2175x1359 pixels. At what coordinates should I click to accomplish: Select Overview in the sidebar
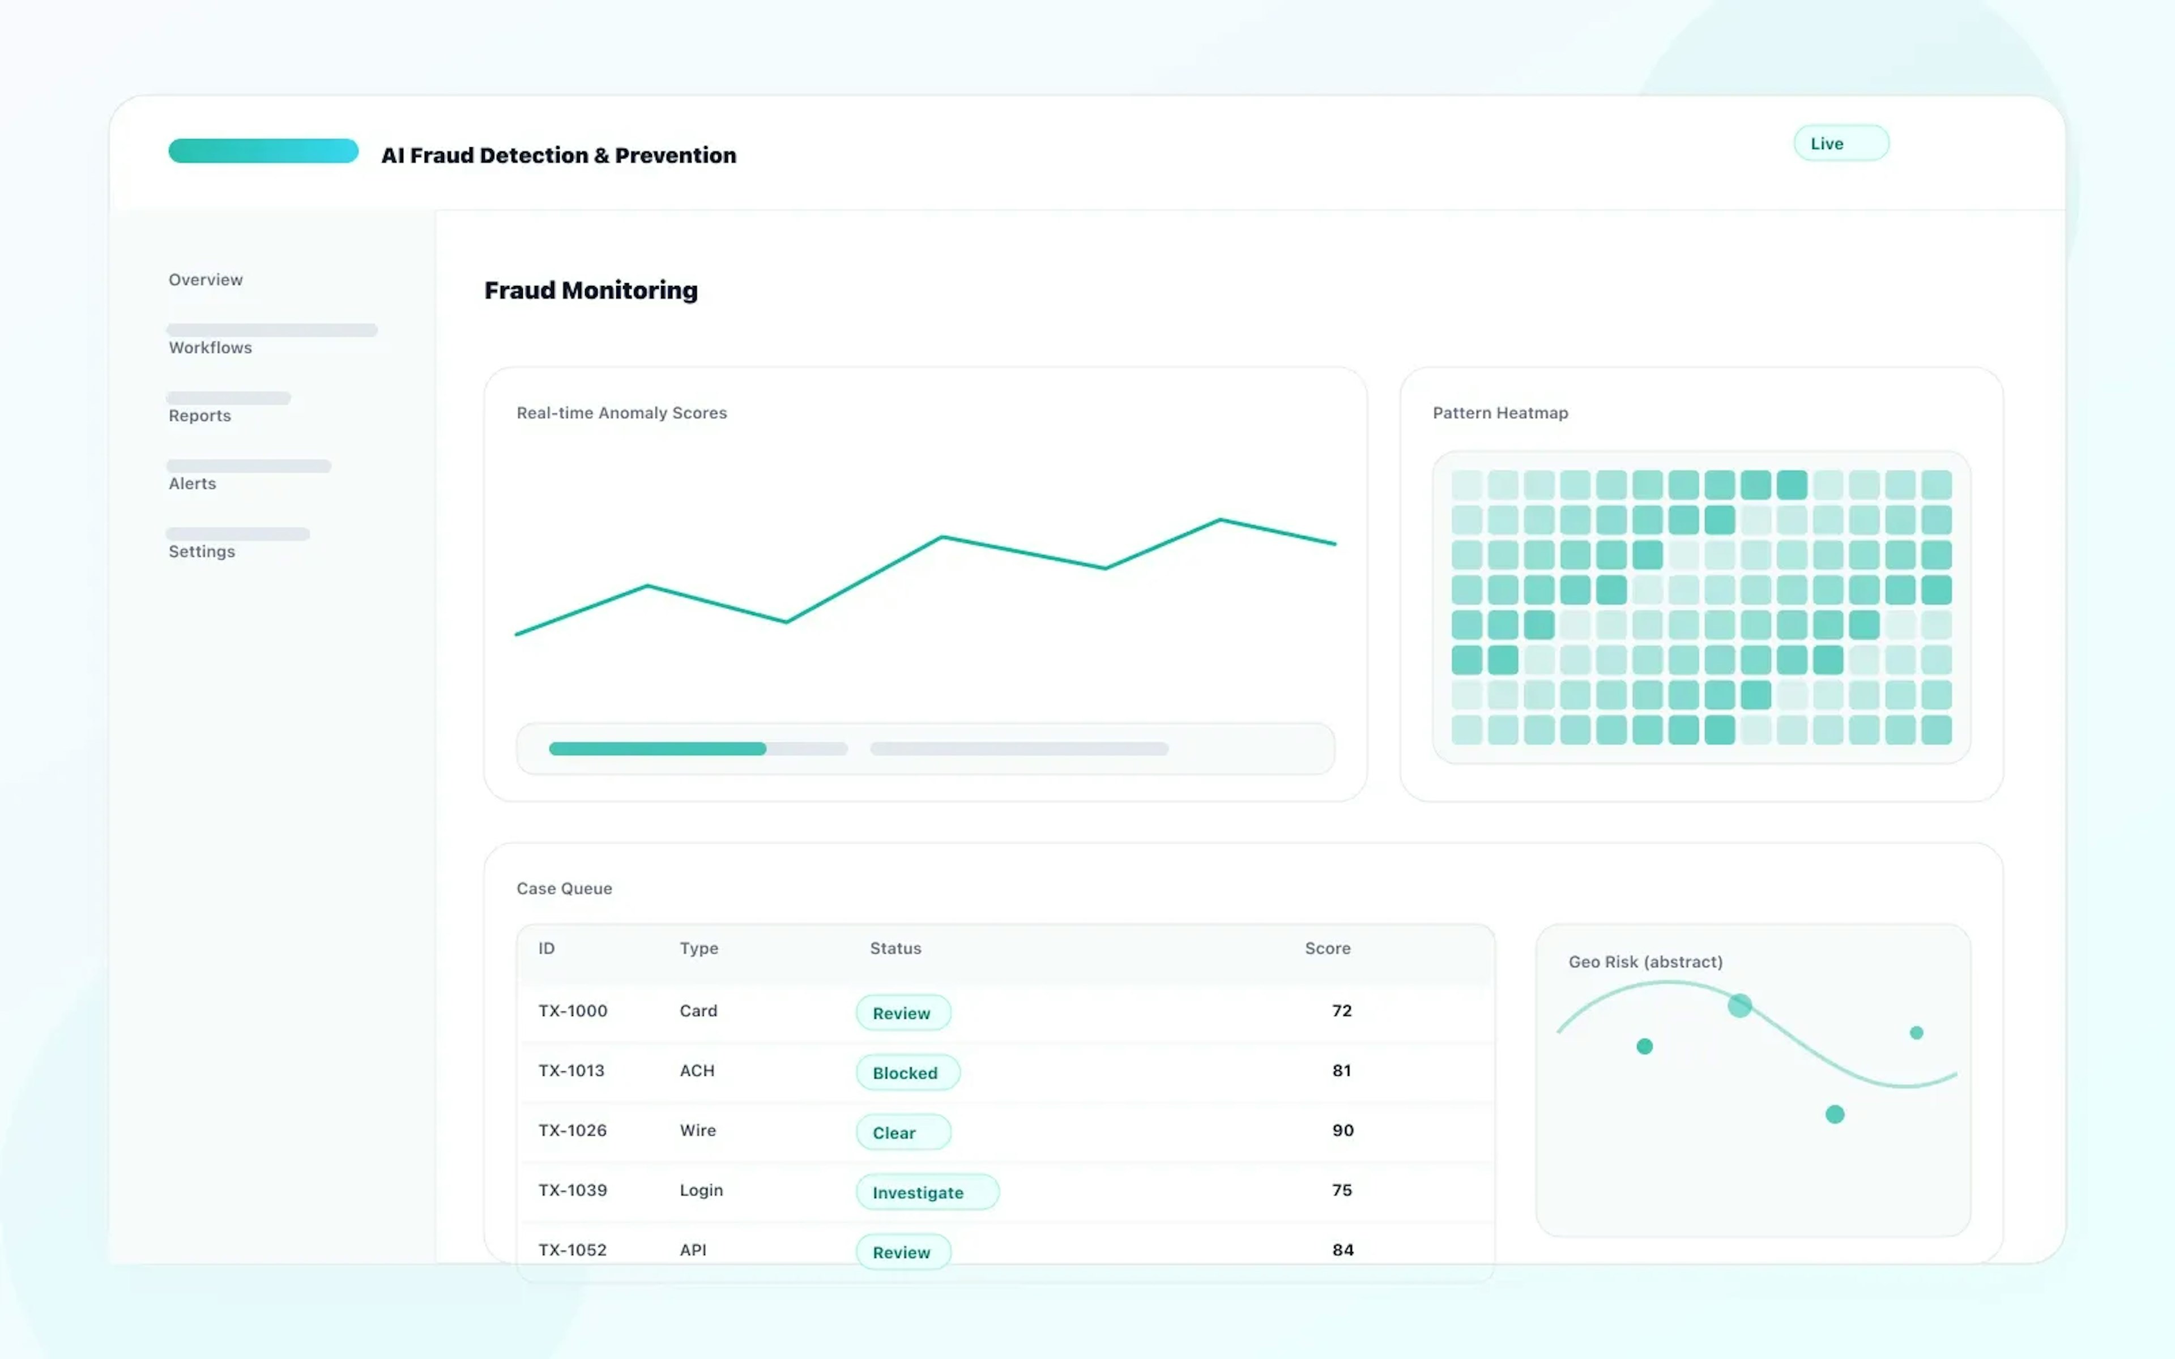pyautogui.click(x=206, y=280)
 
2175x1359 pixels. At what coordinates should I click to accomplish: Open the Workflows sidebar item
pyautogui.click(x=210, y=348)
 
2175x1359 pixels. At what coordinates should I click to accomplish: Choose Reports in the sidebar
pyautogui.click(x=199, y=415)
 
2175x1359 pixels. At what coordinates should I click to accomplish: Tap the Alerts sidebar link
pyautogui.click(x=193, y=484)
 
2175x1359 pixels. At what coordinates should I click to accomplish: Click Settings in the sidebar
pyautogui.click(x=202, y=552)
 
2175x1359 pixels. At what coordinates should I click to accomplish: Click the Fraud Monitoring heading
pyautogui.click(x=591, y=290)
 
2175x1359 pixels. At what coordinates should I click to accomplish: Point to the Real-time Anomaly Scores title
pyautogui.click(x=621, y=413)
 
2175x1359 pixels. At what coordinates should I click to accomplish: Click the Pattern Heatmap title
pyautogui.click(x=1499, y=413)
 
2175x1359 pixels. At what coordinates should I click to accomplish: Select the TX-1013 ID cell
pyautogui.click(x=571, y=1070)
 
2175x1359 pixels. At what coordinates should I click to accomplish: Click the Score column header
pyautogui.click(x=1327, y=948)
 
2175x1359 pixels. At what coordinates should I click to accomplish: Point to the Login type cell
pyautogui.click(x=701, y=1190)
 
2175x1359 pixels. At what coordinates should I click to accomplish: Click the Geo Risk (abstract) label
pyautogui.click(x=1645, y=961)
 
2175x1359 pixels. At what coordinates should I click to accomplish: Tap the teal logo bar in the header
pyautogui.click(x=263, y=151)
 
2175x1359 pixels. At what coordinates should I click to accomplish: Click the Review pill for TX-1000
pyautogui.click(x=902, y=1013)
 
